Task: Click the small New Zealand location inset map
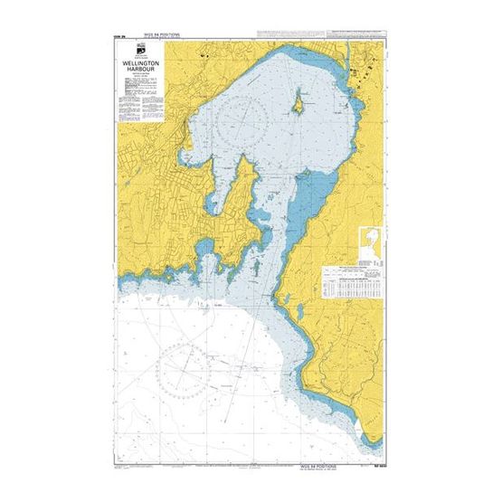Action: pos(370,242)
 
